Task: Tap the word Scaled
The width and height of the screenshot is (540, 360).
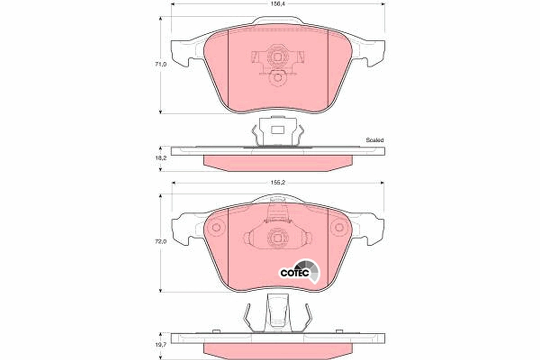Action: tap(374, 140)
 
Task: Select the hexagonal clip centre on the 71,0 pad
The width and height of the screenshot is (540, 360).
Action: tap(277, 57)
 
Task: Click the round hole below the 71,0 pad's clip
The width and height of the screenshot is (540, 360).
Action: tap(277, 78)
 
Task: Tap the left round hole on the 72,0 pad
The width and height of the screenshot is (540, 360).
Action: tap(216, 227)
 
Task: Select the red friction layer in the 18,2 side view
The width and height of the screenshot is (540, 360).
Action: tap(277, 163)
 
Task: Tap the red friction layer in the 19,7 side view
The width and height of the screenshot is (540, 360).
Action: tap(277, 350)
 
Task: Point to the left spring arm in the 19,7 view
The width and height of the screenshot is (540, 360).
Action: tap(247, 317)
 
